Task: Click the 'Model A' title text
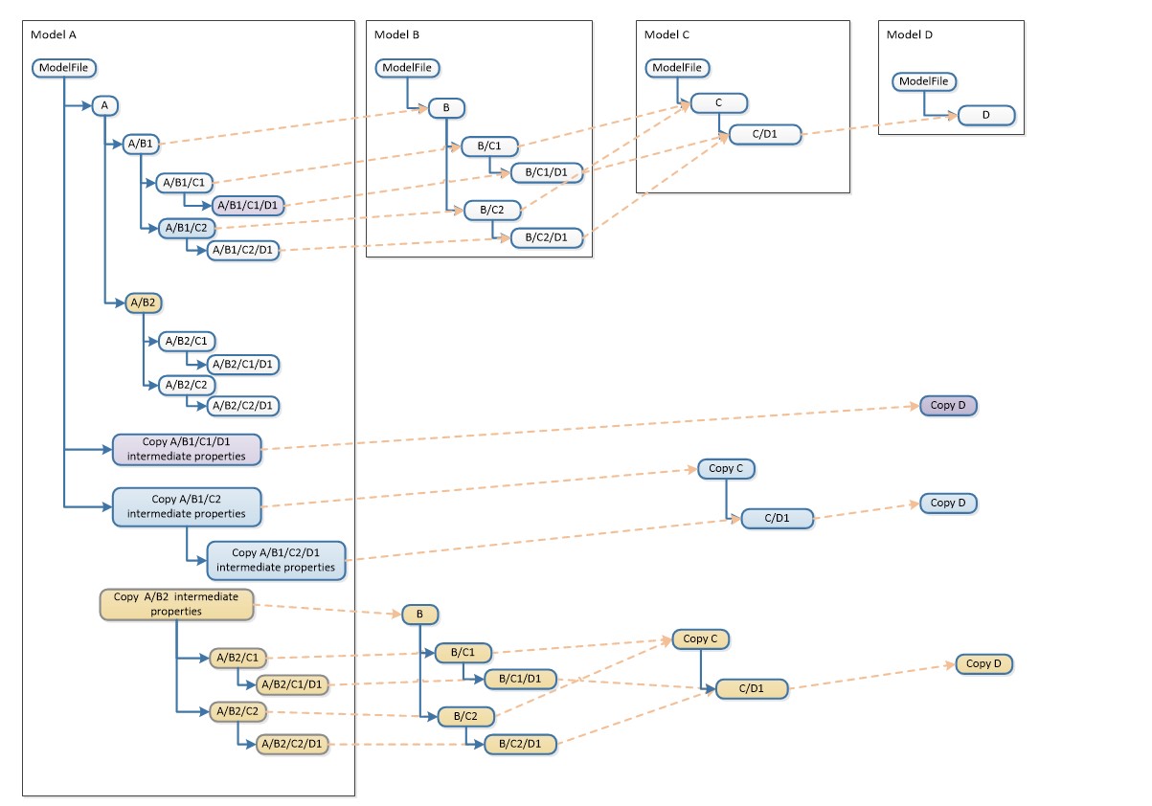[54, 34]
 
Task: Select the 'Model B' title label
[396, 34]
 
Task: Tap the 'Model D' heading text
[910, 34]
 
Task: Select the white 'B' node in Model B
[445, 108]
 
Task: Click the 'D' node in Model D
[986, 116]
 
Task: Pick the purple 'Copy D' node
[948, 405]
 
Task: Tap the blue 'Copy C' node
[726, 468]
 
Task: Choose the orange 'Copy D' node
[983, 663]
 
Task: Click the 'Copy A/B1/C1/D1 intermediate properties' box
[187, 449]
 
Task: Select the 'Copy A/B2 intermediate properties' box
[176, 604]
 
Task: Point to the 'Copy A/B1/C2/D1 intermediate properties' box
[276, 560]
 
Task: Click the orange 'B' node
[418, 615]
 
